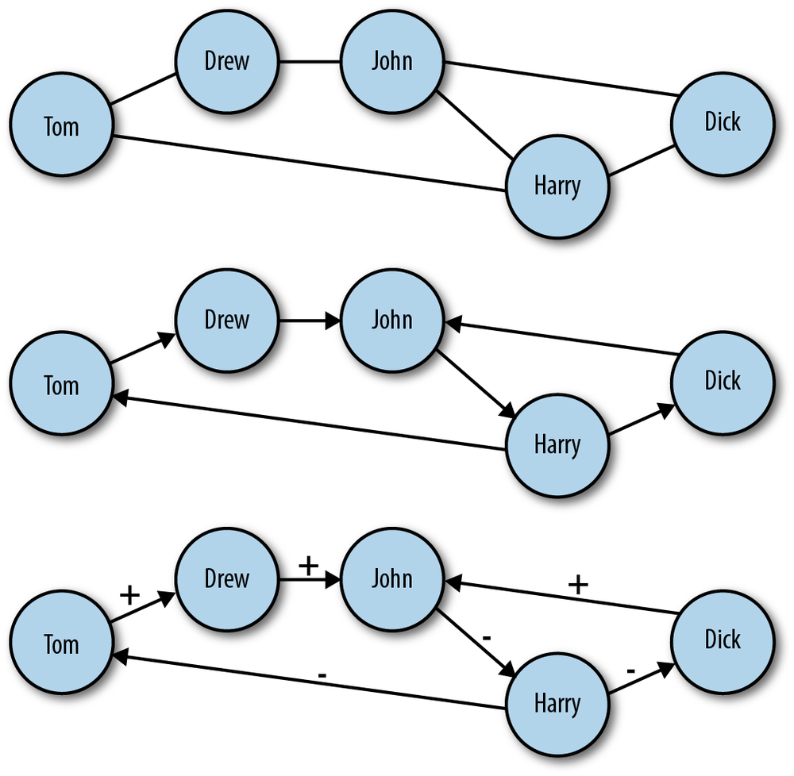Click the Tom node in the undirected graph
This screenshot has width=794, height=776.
point(61,126)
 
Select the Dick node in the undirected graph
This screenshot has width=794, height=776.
point(722,121)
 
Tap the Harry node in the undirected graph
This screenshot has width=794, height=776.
point(557,186)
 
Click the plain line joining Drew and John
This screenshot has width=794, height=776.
point(309,61)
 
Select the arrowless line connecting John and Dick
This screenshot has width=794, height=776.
point(560,79)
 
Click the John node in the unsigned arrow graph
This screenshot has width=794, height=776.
point(392,321)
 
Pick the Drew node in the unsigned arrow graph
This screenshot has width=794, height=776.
point(227,321)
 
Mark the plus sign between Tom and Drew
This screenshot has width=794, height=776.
point(129,595)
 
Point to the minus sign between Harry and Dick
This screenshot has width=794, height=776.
point(630,671)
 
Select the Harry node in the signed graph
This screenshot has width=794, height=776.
point(557,704)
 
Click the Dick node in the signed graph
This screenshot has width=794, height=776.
point(722,640)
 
